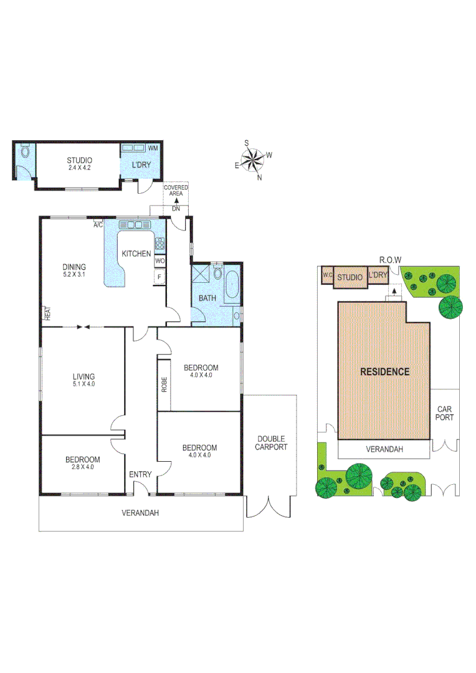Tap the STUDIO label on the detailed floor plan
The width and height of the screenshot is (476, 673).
pyautogui.click(x=80, y=161)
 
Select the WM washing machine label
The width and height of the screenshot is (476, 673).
pyautogui.click(x=153, y=148)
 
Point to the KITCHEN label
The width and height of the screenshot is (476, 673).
pyautogui.click(x=136, y=254)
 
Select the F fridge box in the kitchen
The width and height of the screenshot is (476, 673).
pyautogui.click(x=159, y=277)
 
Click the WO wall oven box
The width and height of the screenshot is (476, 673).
pyautogui.click(x=159, y=261)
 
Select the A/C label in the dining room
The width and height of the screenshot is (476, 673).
pyautogui.click(x=98, y=225)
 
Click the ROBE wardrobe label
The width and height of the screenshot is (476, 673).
pyautogui.click(x=164, y=384)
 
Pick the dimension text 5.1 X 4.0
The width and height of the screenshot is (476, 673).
pyautogui.click(x=83, y=384)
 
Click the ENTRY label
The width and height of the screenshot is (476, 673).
pyautogui.click(x=140, y=475)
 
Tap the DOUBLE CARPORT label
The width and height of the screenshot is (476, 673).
pyautogui.click(x=272, y=442)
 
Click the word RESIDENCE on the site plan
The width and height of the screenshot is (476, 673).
pyautogui.click(x=385, y=371)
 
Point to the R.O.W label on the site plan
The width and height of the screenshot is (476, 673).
pyautogui.click(x=391, y=260)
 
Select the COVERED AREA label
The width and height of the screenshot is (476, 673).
pyautogui.click(x=176, y=191)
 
